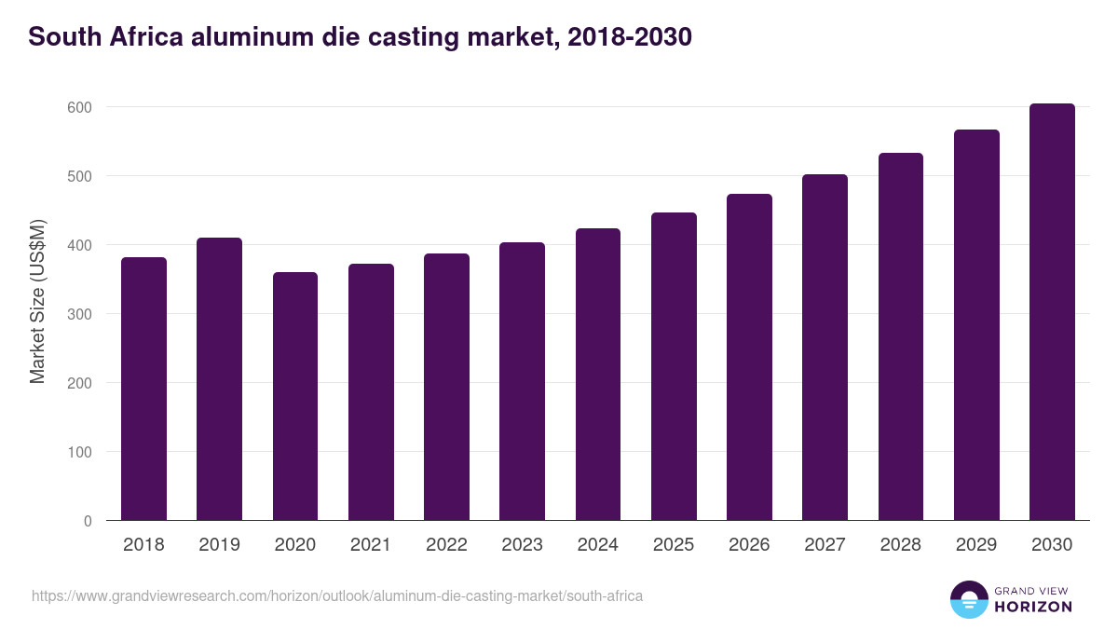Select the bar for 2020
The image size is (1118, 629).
[x=295, y=396]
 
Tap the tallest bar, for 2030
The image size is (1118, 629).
[x=1052, y=312]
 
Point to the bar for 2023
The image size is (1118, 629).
[x=522, y=381]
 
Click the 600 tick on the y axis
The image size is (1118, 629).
[x=80, y=107]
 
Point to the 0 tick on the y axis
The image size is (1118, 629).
[x=88, y=521]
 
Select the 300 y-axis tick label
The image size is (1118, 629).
[x=80, y=314]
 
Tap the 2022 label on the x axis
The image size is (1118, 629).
[x=446, y=545]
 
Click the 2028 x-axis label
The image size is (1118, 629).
[x=900, y=545]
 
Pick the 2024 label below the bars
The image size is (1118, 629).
[x=597, y=545]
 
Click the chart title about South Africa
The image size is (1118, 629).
[x=360, y=37]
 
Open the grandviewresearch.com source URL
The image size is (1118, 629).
[x=337, y=595]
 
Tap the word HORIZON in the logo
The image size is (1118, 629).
[x=1033, y=607]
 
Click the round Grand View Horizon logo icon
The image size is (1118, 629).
[x=968, y=599]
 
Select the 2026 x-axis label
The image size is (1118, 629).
[x=749, y=545]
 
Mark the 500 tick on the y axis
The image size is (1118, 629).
[x=80, y=176]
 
